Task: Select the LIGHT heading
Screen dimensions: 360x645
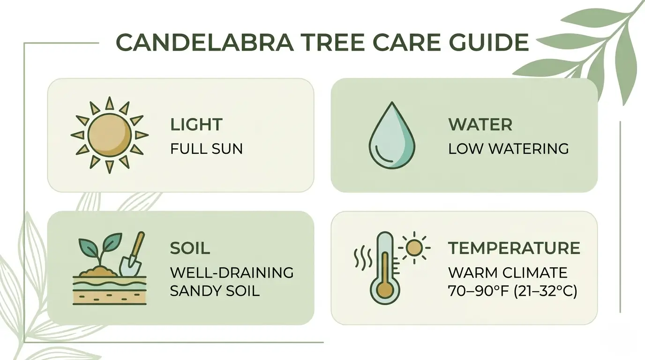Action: [x=196, y=125]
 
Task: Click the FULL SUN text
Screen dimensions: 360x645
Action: [x=206, y=149]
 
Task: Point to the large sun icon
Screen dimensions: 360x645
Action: [x=109, y=135]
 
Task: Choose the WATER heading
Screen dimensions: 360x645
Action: [x=480, y=125]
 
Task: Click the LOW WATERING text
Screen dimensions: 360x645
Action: [x=508, y=149]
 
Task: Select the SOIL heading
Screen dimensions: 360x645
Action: [x=189, y=248]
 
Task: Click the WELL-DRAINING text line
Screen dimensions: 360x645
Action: [x=232, y=272]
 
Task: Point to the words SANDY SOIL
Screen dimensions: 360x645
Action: [x=214, y=291]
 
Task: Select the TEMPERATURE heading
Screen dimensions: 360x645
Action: [x=514, y=248]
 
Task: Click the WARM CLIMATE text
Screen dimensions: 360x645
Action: [x=508, y=272]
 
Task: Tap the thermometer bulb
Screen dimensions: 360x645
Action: [x=385, y=290]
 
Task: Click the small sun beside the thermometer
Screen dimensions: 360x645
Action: [x=414, y=247]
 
